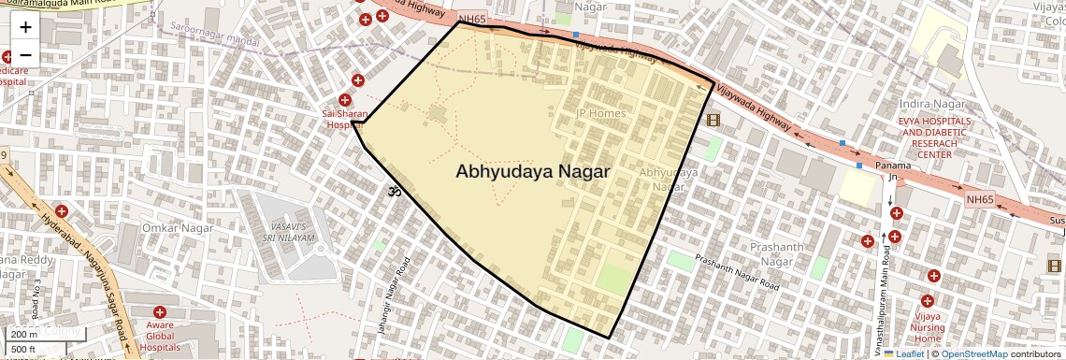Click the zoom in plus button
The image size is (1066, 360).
point(25,26)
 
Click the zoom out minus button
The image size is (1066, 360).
point(25,54)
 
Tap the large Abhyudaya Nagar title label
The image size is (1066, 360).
point(533,172)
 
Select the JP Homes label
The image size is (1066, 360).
point(600,113)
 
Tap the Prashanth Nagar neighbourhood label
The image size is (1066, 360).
point(776,253)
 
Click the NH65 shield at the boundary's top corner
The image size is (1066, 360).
point(472,18)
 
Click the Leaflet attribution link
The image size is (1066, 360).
point(903,353)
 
